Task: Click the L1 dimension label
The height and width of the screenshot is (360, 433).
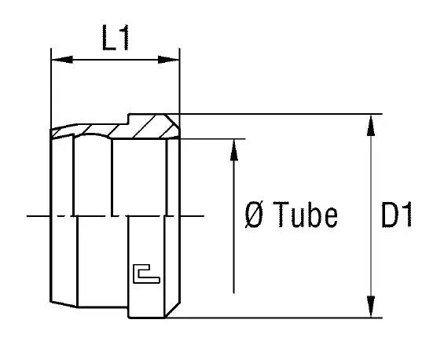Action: point(116,38)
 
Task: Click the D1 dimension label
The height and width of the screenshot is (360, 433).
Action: point(397,215)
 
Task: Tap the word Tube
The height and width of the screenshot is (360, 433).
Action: point(305,215)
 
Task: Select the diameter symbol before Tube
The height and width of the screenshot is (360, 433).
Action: point(254,215)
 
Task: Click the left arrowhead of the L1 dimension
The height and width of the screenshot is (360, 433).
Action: point(62,60)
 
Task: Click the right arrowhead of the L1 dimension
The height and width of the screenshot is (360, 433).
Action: point(168,60)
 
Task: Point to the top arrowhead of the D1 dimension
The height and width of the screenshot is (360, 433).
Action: point(371,126)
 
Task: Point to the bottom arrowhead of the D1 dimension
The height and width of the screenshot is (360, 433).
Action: point(371,307)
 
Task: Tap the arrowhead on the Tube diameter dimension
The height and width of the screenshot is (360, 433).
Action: point(234,150)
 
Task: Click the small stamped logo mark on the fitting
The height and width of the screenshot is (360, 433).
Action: point(146,274)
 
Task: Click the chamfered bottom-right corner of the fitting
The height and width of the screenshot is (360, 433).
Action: point(173,310)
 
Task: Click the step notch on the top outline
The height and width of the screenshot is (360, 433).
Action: point(128,119)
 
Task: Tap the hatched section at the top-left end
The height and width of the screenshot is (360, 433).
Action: point(63,131)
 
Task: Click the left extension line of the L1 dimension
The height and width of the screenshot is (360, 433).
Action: point(51,88)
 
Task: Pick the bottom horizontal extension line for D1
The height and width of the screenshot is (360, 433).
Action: point(274,318)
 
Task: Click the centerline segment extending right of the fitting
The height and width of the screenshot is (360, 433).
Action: point(193,216)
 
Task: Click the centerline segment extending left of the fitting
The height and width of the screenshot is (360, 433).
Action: point(38,216)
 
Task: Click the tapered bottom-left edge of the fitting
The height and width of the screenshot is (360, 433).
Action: point(64,304)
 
